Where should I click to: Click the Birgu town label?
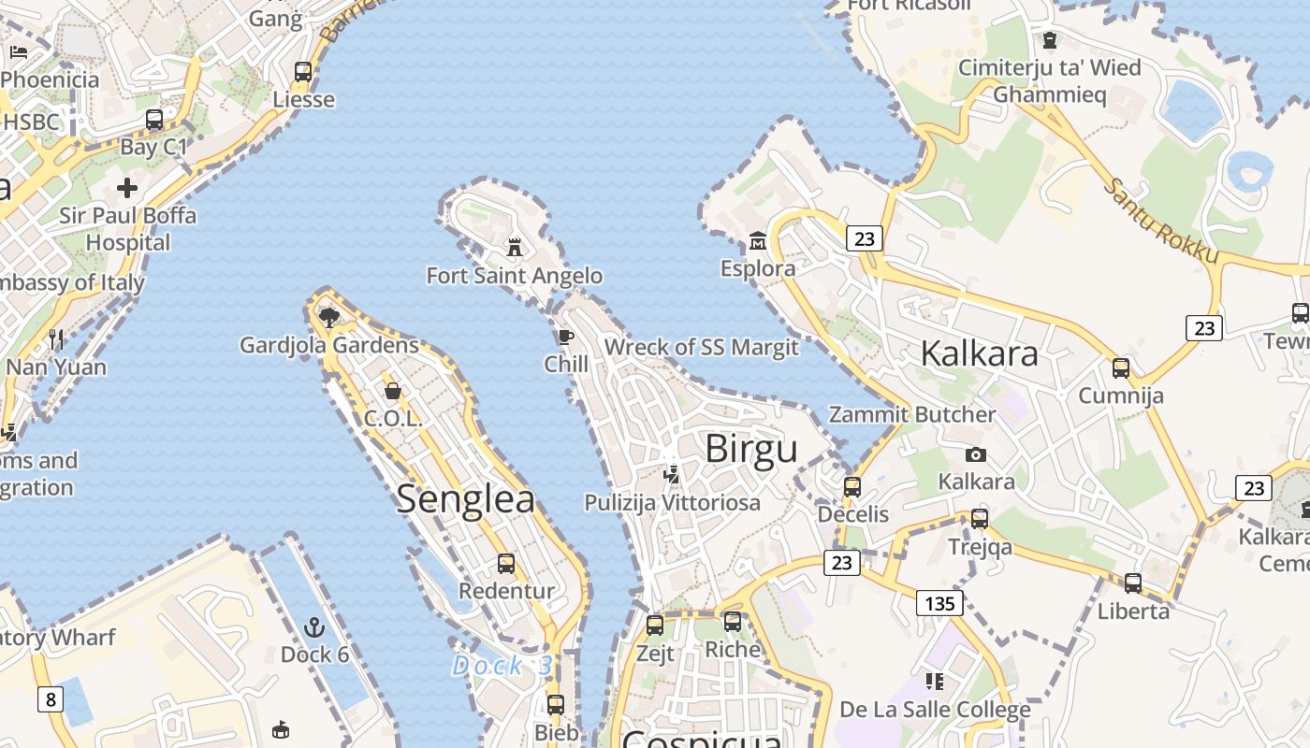point(751,449)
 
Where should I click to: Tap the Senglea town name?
point(466,498)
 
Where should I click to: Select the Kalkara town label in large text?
point(979,353)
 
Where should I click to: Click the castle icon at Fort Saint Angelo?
point(514,248)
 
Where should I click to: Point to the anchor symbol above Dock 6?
point(314,626)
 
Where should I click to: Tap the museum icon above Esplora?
point(757,242)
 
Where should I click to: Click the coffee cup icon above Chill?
point(565,337)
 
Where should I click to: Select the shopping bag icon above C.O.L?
point(393,391)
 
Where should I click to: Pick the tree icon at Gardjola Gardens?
point(328,318)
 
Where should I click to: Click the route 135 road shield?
point(939,603)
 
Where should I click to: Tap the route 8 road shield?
point(50,698)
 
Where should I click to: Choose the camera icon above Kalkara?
point(976,454)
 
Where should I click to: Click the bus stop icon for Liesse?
point(303,72)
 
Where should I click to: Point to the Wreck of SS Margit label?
point(702,348)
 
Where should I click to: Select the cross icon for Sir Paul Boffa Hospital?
point(127,188)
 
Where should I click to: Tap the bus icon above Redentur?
point(506,564)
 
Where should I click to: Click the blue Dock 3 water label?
point(502,666)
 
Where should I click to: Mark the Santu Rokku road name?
point(1160,221)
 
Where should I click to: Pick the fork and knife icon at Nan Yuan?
point(56,338)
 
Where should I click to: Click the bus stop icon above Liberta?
point(1133,583)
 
